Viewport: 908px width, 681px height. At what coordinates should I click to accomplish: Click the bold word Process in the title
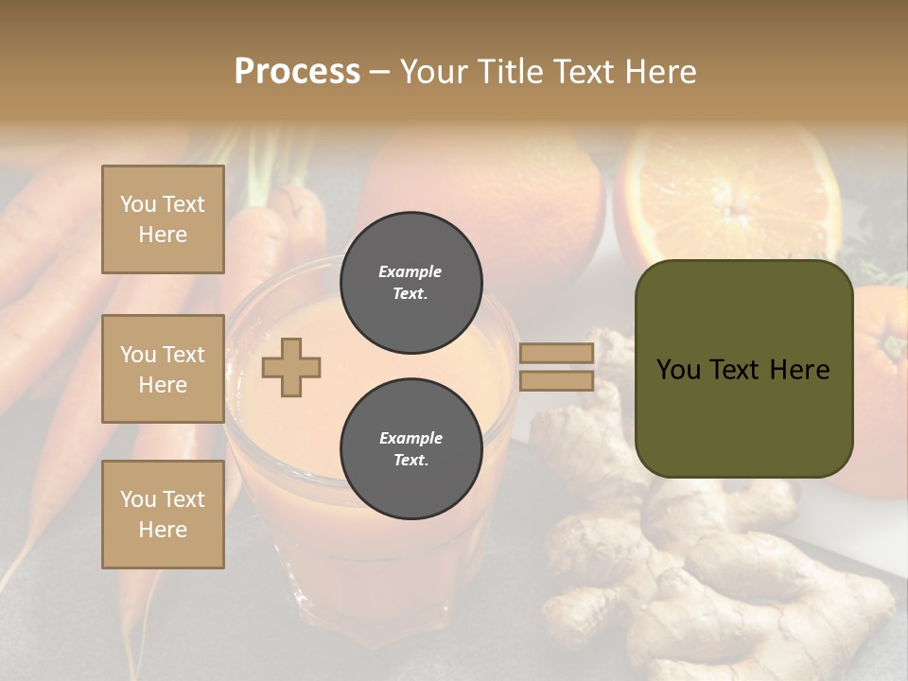[x=297, y=72]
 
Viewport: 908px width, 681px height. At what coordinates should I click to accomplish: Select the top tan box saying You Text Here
[x=163, y=219]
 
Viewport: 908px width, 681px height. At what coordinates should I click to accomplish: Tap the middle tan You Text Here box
[x=163, y=369]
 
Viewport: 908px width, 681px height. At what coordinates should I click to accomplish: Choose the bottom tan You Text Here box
[x=163, y=515]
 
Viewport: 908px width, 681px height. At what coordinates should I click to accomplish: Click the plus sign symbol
[x=291, y=367]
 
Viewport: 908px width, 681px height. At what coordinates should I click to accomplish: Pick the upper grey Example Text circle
[x=410, y=283]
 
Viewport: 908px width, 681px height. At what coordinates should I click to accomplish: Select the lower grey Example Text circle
[x=410, y=449]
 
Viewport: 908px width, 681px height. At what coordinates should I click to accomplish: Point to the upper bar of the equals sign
[x=556, y=353]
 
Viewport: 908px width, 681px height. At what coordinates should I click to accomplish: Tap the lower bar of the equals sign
[x=556, y=381]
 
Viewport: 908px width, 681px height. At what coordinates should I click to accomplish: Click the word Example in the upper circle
[x=410, y=272]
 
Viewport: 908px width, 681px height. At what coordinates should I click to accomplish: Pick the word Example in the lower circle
[x=410, y=439]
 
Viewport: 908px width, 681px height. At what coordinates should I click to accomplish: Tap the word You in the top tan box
[x=138, y=204]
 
